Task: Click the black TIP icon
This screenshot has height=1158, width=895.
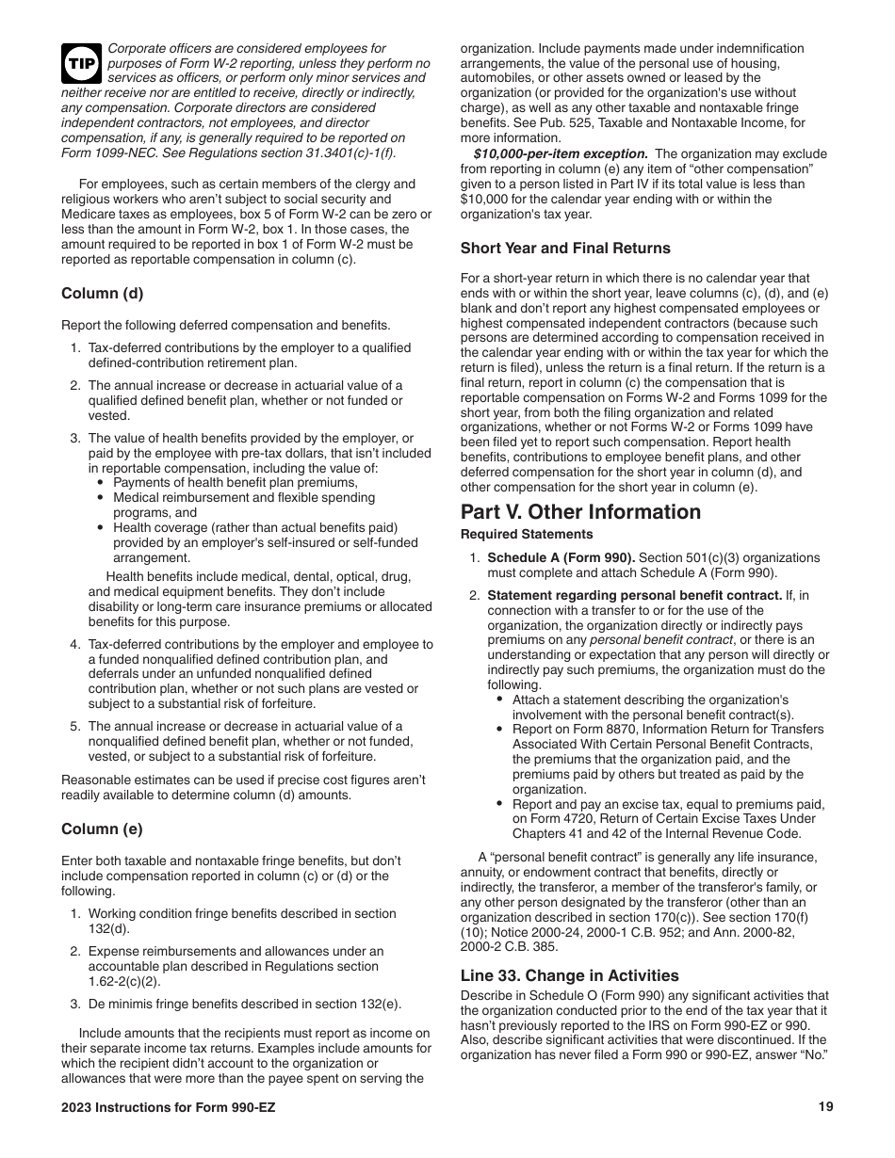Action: [81, 64]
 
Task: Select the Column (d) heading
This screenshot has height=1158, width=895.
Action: [103, 293]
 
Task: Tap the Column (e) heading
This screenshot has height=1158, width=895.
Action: [103, 829]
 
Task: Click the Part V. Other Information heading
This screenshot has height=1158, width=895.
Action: [580, 512]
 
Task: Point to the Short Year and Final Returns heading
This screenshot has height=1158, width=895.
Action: [565, 249]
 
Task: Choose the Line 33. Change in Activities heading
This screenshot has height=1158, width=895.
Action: [569, 976]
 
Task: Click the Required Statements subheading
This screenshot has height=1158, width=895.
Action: [527, 535]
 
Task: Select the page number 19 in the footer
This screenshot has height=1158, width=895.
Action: [826, 1107]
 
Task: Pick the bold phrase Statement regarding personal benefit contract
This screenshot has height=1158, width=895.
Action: [634, 595]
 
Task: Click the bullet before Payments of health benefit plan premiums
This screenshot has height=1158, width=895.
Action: [101, 483]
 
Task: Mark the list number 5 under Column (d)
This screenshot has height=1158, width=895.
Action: [74, 727]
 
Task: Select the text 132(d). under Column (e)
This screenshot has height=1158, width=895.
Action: [108, 928]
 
